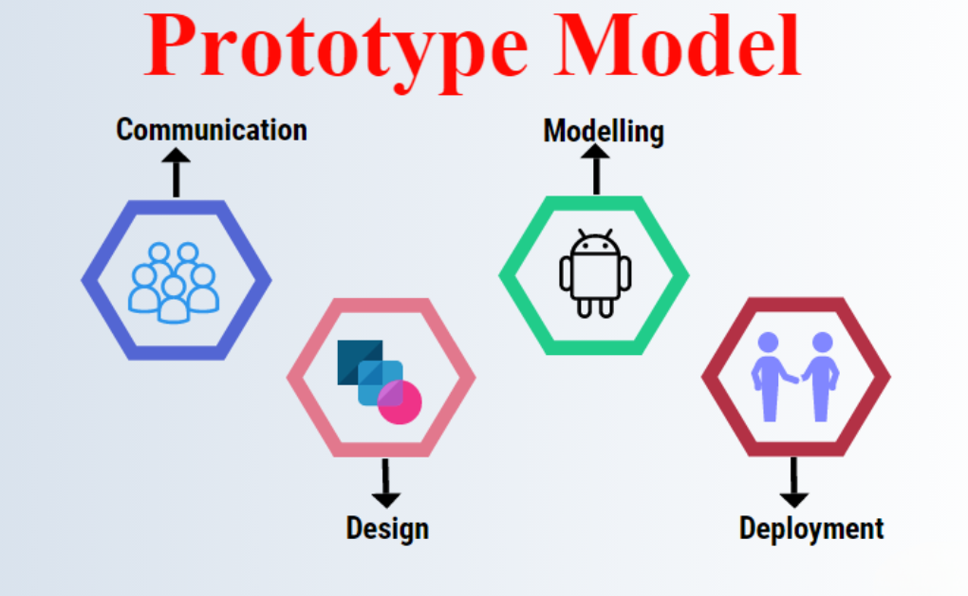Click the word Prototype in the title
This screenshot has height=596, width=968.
click(337, 49)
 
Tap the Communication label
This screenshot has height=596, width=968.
click(212, 130)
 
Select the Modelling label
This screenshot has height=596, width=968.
click(604, 132)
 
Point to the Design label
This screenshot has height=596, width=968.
click(387, 529)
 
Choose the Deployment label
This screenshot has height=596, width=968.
click(811, 530)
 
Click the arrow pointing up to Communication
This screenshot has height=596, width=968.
click(176, 173)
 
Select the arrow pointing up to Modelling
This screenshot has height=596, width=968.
click(596, 169)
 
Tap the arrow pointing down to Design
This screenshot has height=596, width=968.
click(386, 483)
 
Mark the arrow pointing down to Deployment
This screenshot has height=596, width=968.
click(794, 482)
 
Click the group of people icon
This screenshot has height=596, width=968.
click(174, 282)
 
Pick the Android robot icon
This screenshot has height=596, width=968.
click(595, 273)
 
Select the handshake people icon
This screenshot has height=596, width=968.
click(795, 377)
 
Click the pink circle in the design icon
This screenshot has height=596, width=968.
click(400, 402)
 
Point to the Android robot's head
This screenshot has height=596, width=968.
click(595, 245)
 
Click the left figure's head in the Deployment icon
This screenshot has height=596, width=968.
click(768, 343)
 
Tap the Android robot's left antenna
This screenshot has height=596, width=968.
click(582, 233)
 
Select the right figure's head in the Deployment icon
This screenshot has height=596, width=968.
click(822, 343)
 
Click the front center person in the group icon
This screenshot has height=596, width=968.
click(174, 300)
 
